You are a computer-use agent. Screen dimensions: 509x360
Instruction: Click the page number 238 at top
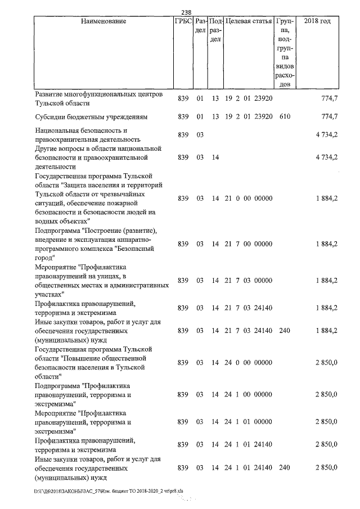187,12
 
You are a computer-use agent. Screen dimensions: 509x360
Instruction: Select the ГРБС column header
183,21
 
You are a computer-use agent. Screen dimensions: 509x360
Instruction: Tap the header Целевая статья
249,21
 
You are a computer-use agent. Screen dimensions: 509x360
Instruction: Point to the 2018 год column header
317,21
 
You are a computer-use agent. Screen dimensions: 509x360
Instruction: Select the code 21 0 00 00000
249,199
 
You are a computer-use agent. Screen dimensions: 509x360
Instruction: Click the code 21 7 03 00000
249,280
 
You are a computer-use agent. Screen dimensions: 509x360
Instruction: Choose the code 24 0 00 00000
249,363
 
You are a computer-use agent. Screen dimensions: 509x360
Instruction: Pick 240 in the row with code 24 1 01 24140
285,468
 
